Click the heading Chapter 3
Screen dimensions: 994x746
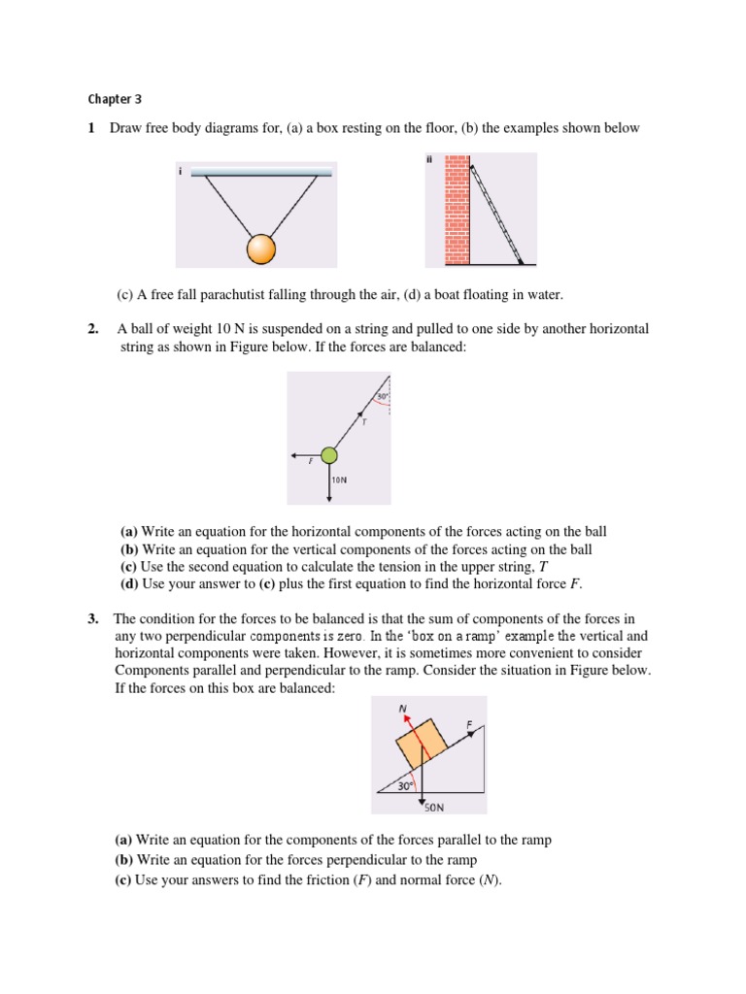pos(115,98)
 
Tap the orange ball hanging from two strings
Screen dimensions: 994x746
pos(262,249)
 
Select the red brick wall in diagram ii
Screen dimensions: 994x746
pos(458,211)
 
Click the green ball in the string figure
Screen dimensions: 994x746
pos(329,455)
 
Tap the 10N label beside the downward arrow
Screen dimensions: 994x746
pos(340,480)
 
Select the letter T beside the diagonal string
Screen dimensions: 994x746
pos(363,421)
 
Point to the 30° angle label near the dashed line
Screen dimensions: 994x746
pos(383,396)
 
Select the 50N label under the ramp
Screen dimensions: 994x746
pos(434,805)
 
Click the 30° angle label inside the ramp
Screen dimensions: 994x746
pos(406,787)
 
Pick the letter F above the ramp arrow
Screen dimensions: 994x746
pos(470,723)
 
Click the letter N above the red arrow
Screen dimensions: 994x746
pos(402,708)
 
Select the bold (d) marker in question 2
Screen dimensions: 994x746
pos(129,583)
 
